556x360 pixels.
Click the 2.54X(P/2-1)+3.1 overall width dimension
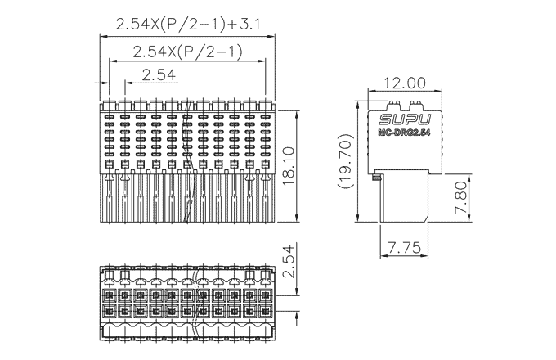coord(188,25)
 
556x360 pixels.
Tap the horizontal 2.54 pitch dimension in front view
coord(159,76)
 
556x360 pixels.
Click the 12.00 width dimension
coord(397,83)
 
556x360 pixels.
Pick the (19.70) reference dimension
coord(345,162)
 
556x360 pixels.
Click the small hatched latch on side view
coord(375,177)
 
